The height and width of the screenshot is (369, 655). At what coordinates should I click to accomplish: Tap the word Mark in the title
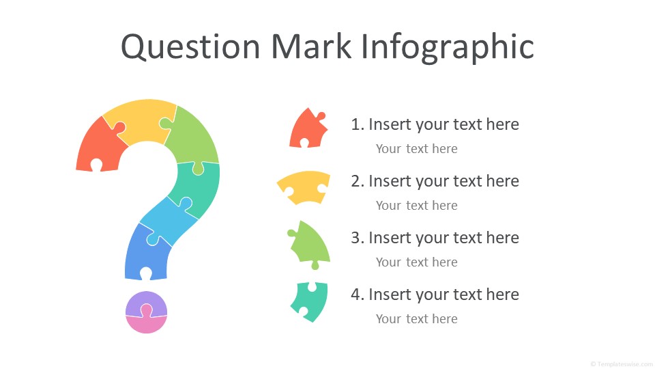pyautogui.click(x=311, y=46)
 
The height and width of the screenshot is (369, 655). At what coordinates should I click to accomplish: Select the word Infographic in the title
pyautogui.click(x=447, y=48)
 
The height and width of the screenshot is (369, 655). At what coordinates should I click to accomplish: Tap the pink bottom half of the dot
pyautogui.click(x=146, y=324)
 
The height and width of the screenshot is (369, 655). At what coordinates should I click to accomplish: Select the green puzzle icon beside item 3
pyautogui.click(x=311, y=245)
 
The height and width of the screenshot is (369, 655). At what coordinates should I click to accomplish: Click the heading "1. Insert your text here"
pyautogui.click(x=435, y=124)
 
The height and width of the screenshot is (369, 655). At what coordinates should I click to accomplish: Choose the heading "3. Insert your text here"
pyautogui.click(x=435, y=238)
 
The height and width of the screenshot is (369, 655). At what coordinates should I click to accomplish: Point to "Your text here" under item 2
pyautogui.click(x=416, y=206)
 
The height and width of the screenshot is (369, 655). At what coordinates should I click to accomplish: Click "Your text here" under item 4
pyautogui.click(x=416, y=319)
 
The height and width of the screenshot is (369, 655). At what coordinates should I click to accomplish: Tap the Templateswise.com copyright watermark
pyautogui.click(x=622, y=364)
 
